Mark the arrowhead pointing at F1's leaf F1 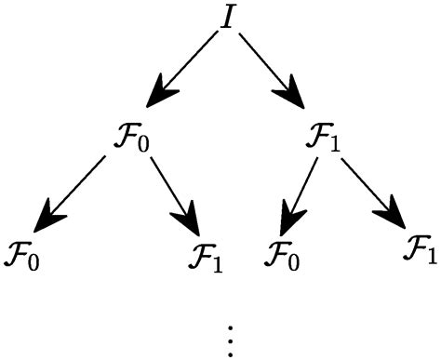click(394, 220)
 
